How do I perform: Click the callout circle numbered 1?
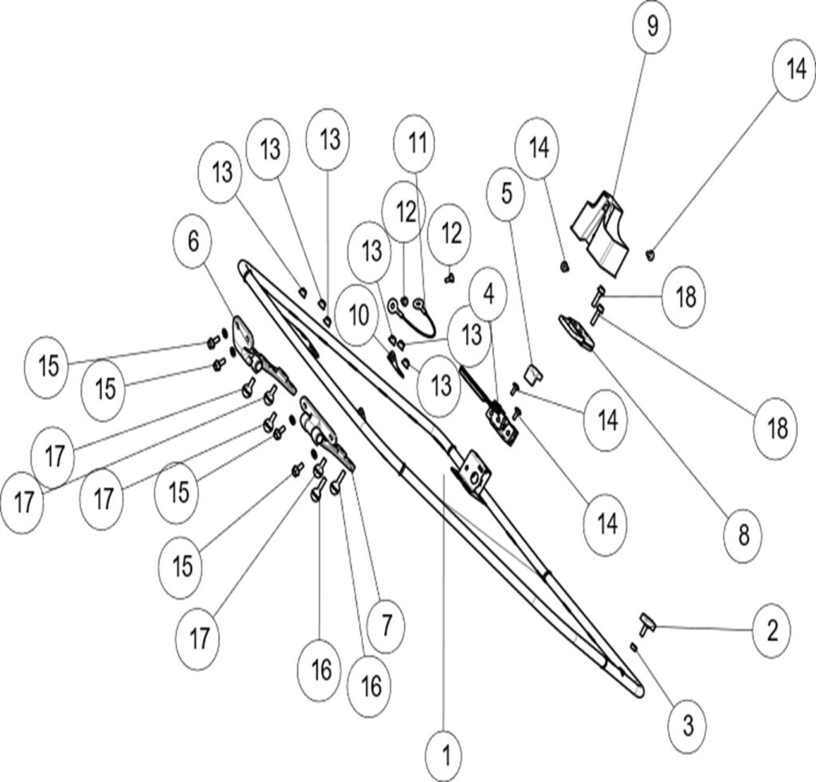tap(445, 752)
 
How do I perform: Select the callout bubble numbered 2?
tap(771, 630)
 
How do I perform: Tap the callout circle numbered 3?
tap(688, 725)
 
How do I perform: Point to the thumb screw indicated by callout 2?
tap(645, 621)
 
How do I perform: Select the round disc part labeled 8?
tap(578, 331)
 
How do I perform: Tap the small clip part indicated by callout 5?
tap(532, 371)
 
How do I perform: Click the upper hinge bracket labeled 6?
tap(255, 351)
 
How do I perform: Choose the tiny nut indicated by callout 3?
tap(634, 647)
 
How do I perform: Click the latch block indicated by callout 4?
tap(501, 419)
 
